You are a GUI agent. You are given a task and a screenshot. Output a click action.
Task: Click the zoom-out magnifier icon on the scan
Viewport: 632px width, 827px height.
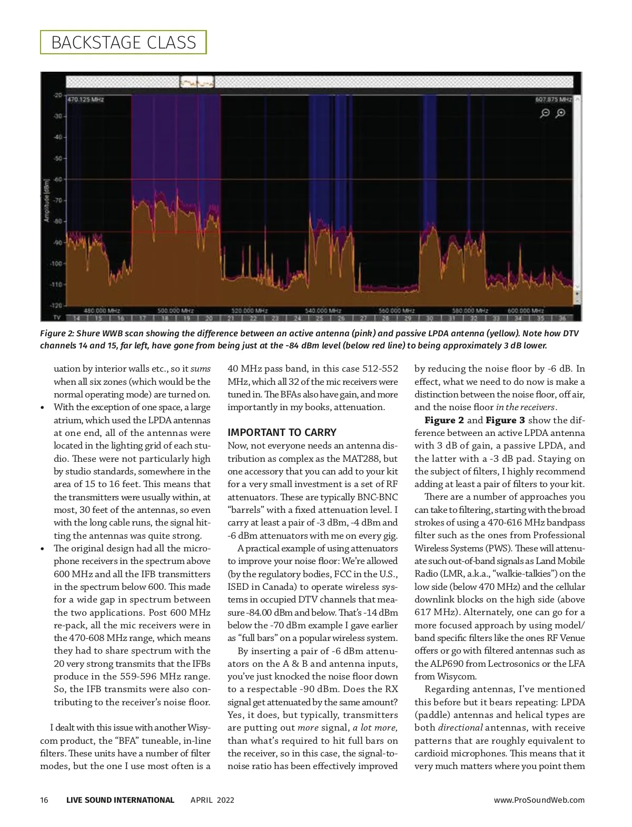[x=546, y=113]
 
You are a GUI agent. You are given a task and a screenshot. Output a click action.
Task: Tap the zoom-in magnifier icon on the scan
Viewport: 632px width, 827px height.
[x=561, y=113]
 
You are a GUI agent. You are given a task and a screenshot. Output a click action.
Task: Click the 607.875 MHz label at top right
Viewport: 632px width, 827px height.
[x=554, y=100]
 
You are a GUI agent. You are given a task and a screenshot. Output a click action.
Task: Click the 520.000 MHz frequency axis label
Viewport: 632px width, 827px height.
[x=250, y=311]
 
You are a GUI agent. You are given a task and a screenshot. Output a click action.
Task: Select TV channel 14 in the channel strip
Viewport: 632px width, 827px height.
[x=76, y=318]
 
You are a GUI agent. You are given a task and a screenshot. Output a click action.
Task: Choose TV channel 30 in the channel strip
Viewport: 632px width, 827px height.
[x=429, y=318]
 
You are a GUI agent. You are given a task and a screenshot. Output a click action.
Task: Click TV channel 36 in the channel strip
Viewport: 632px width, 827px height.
[x=562, y=318]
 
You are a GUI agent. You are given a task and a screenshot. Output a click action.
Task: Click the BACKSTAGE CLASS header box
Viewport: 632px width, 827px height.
[x=123, y=43]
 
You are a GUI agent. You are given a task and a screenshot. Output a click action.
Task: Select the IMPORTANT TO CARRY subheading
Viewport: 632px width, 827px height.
[x=282, y=433]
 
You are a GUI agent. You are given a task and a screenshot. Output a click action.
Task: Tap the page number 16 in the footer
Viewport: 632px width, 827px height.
[x=44, y=800]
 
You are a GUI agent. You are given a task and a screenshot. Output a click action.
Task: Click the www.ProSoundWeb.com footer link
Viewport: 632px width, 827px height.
[x=539, y=800]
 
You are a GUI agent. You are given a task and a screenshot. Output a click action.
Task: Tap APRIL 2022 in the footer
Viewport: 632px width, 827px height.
[x=212, y=800]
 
